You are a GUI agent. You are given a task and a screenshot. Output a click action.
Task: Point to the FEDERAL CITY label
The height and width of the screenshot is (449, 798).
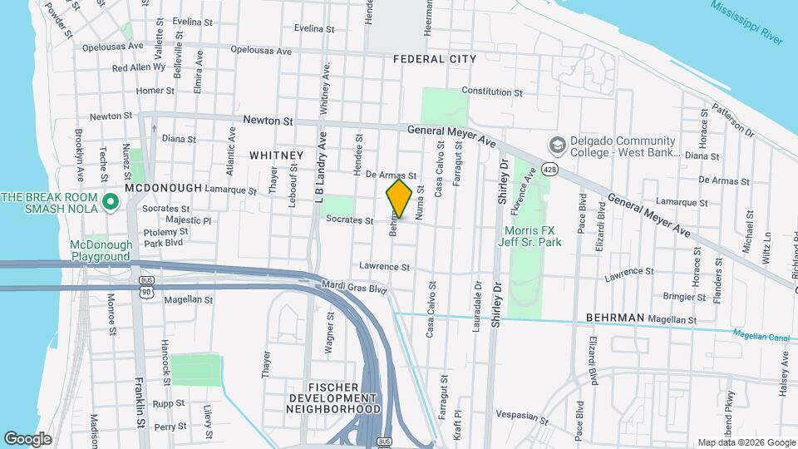[x=435, y=59]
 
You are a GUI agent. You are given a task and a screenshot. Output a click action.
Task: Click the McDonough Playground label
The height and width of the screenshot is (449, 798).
[x=101, y=250]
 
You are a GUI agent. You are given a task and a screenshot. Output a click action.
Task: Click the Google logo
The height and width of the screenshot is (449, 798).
[x=27, y=438]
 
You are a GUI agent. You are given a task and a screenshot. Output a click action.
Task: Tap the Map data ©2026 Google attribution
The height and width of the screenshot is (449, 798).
[x=746, y=442]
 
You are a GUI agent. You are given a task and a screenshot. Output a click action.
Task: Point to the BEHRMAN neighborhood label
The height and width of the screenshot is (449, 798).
[x=615, y=318]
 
